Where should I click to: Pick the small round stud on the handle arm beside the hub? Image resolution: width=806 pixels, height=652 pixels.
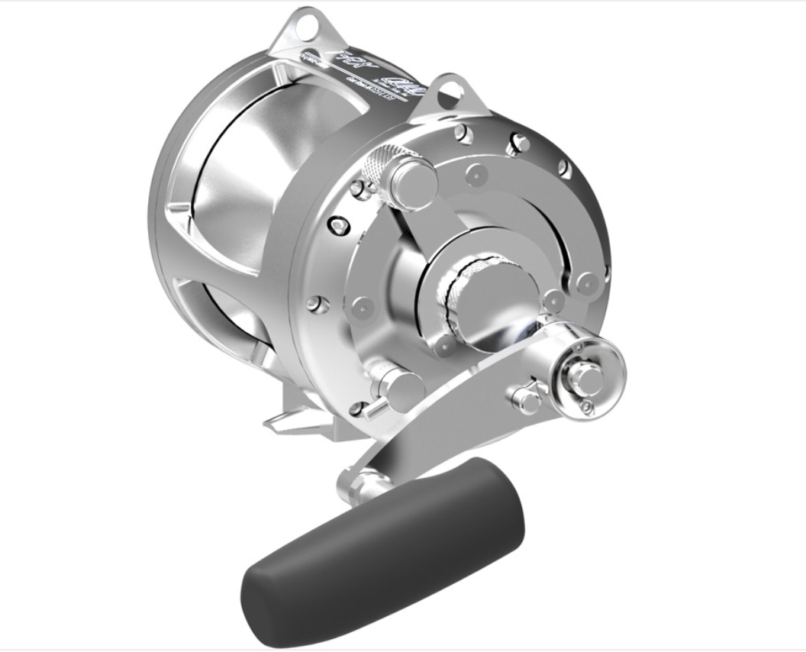coord(526,396)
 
